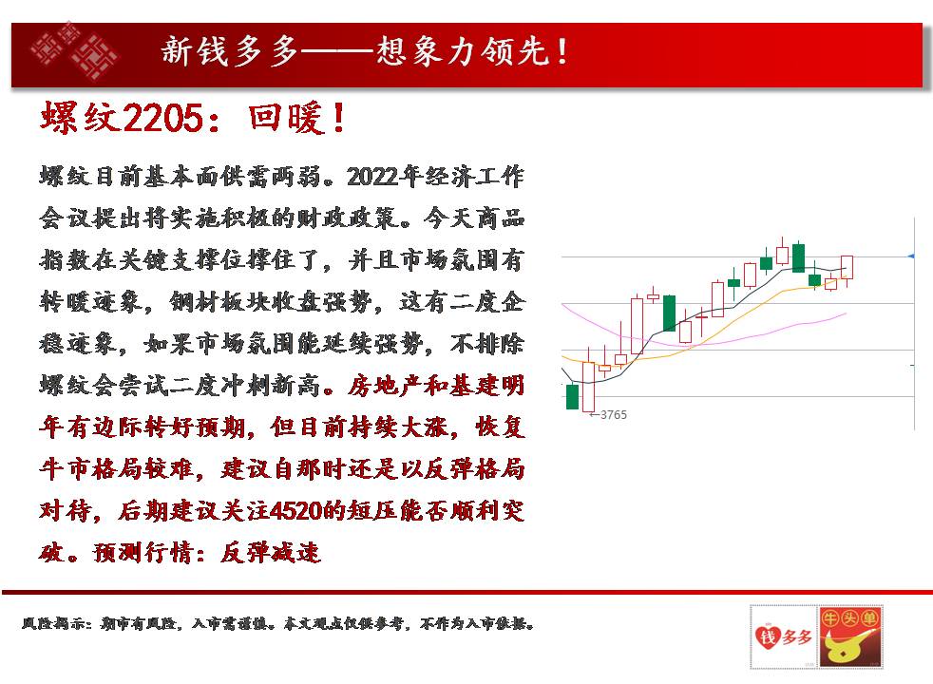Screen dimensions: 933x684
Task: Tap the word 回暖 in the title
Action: point(286,118)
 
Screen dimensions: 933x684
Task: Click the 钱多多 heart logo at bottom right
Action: point(783,636)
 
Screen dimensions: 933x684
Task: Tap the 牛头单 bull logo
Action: point(849,636)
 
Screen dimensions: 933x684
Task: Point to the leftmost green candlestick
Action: point(572,397)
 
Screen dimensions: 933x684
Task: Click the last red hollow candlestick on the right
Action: point(847,268)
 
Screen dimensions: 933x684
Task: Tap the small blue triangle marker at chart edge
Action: point(911,256)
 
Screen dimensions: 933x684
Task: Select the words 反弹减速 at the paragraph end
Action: point(271,553)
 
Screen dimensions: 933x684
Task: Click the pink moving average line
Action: point(702,344)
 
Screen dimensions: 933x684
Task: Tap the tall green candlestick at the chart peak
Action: point(798,257)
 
